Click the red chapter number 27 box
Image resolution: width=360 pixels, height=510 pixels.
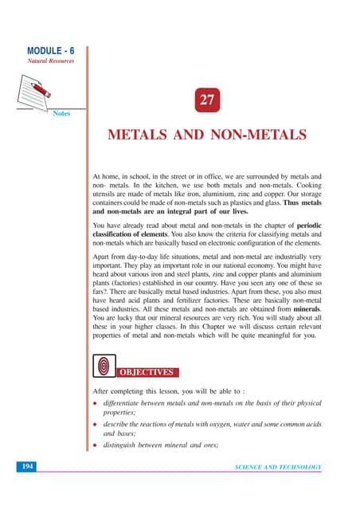pos(207,101)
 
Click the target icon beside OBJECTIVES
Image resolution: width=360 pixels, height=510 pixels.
pos(104,366)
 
